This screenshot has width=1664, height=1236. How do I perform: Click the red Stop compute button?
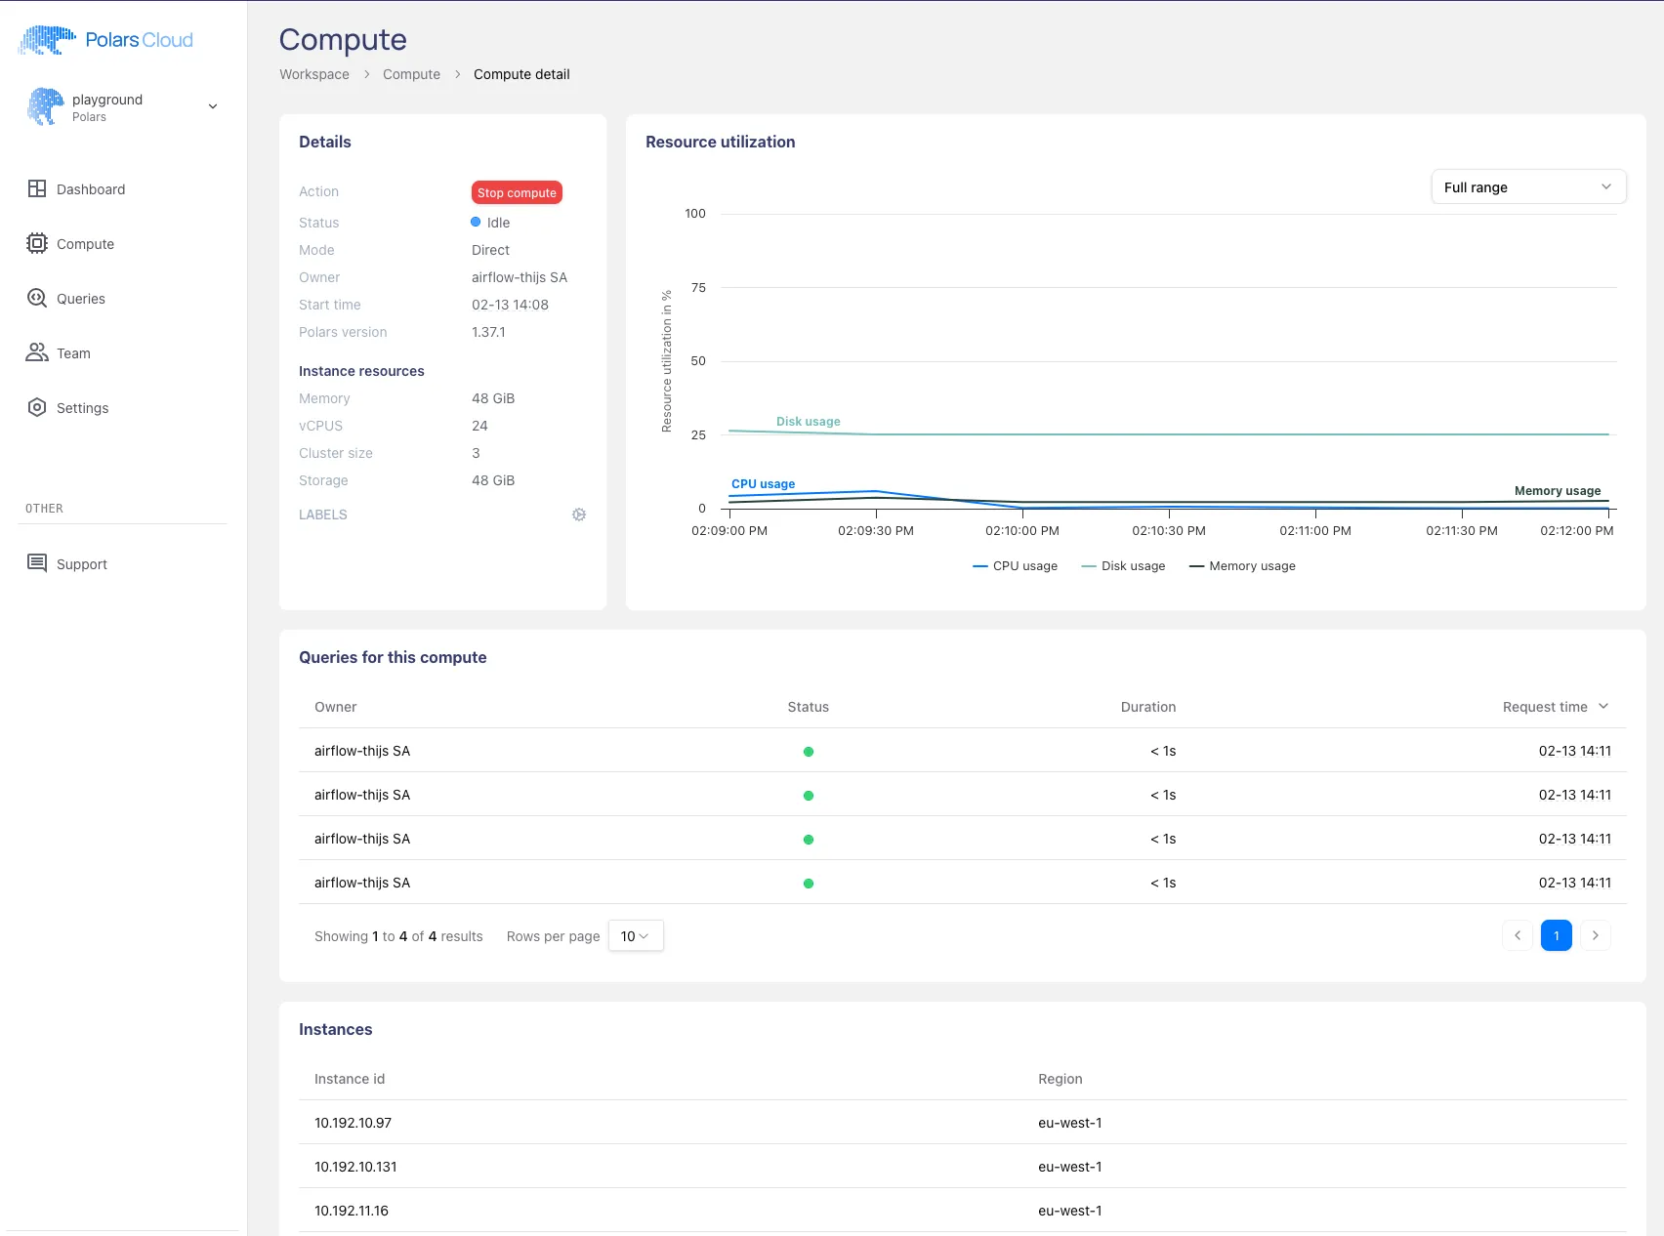point(517,192)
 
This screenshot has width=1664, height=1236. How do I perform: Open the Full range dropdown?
point(1527,187)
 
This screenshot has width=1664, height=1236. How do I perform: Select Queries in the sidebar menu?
point(80,299)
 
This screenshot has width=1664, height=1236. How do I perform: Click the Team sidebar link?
point(73,353)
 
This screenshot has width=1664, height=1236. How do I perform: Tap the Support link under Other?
point(81,564)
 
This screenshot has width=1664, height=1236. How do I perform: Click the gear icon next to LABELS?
point(579,515)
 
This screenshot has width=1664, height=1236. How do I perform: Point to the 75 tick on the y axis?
point(698,287)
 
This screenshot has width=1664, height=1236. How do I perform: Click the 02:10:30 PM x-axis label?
point(1168,531)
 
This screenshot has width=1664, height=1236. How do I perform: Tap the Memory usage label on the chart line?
point(1557,491)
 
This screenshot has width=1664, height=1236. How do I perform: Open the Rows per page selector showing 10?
point(635,936)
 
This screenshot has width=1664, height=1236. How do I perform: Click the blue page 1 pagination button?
point(1556,935)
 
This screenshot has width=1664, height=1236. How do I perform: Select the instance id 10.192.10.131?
point(355,1167)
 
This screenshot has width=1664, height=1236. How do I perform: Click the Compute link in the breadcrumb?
point(411,74)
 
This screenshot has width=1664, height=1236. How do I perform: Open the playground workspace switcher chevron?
point(213,106)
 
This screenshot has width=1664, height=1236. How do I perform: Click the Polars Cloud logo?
point(105,40)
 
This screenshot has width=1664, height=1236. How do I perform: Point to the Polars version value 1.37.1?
point(488,332)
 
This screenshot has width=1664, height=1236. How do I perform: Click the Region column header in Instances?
point(1060,1079)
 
